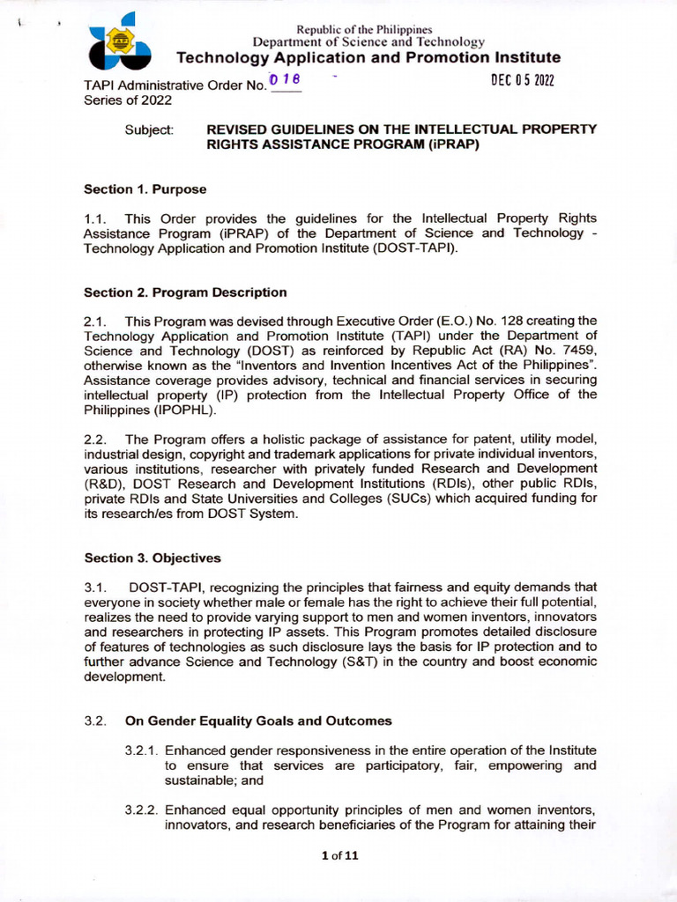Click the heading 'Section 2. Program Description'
185,292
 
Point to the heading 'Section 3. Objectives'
153,558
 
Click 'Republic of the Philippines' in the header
369,30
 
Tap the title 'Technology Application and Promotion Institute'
368,58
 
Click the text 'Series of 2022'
128,100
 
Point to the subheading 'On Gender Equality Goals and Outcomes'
258,721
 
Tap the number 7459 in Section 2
577,350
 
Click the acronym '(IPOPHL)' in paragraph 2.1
182,410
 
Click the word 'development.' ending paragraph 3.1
124,677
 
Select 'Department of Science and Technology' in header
368,42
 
